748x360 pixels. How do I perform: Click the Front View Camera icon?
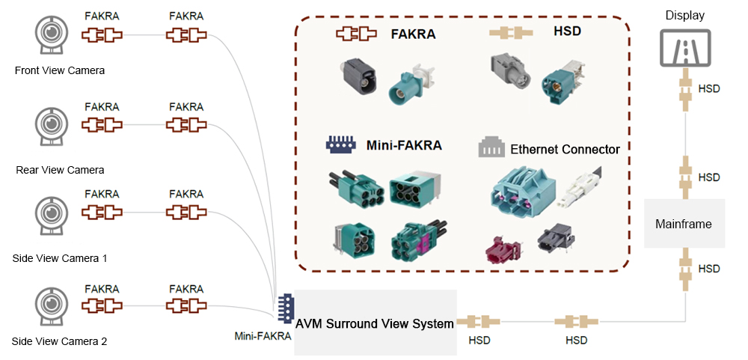click(x=49, y=36)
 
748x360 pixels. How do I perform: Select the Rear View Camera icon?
click(x=49, y=126)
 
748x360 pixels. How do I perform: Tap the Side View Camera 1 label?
click(x=60, y=258)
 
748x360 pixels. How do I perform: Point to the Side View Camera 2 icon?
click(x=49, y=306)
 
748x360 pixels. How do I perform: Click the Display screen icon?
click(x=685, y=47)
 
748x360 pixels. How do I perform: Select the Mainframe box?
click(x=684, y=224)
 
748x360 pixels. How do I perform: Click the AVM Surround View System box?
click(x=375, y=323)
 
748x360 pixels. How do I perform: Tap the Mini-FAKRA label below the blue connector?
click(x=263, y=336)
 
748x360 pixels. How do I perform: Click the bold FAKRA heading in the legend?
click(x=413, y=34)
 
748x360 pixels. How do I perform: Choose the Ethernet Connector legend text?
click(x=565, y=150)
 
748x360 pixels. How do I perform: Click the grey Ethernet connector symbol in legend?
click(x=491, y=147)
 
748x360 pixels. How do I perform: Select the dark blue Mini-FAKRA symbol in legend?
click(x=340, y=144)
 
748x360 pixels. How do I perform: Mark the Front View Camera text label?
click(x=60, y=70)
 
